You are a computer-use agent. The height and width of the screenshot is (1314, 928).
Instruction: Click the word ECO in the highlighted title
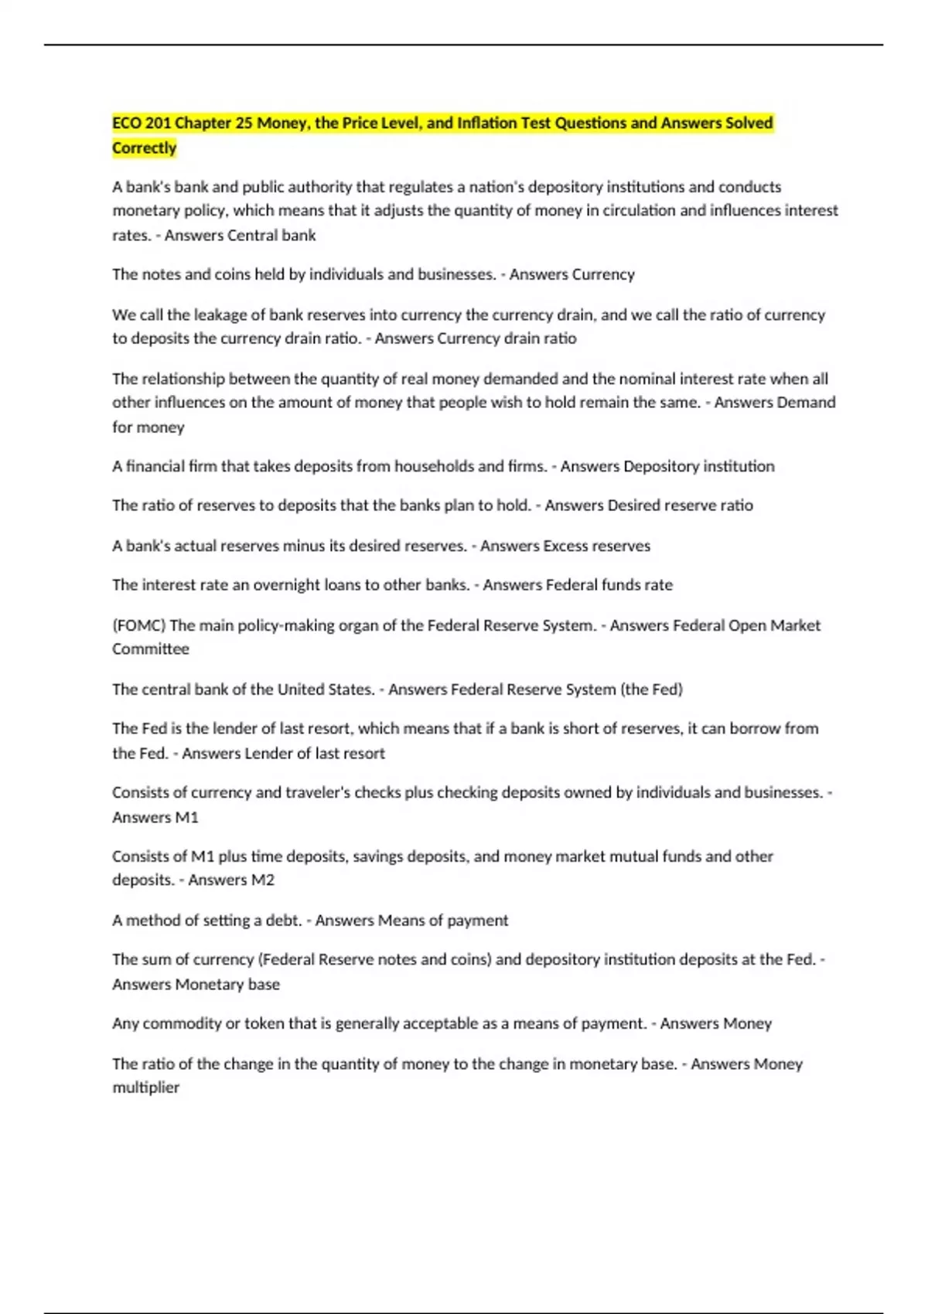coord(128,123)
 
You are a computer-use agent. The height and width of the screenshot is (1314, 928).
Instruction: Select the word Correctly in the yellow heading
coord(145,148)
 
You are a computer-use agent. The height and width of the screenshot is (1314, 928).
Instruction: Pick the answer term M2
coord(261,880)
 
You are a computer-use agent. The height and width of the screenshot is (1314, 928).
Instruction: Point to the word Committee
coord(151,649)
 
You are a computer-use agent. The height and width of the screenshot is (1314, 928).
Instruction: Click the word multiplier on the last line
coord(146,1088)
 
